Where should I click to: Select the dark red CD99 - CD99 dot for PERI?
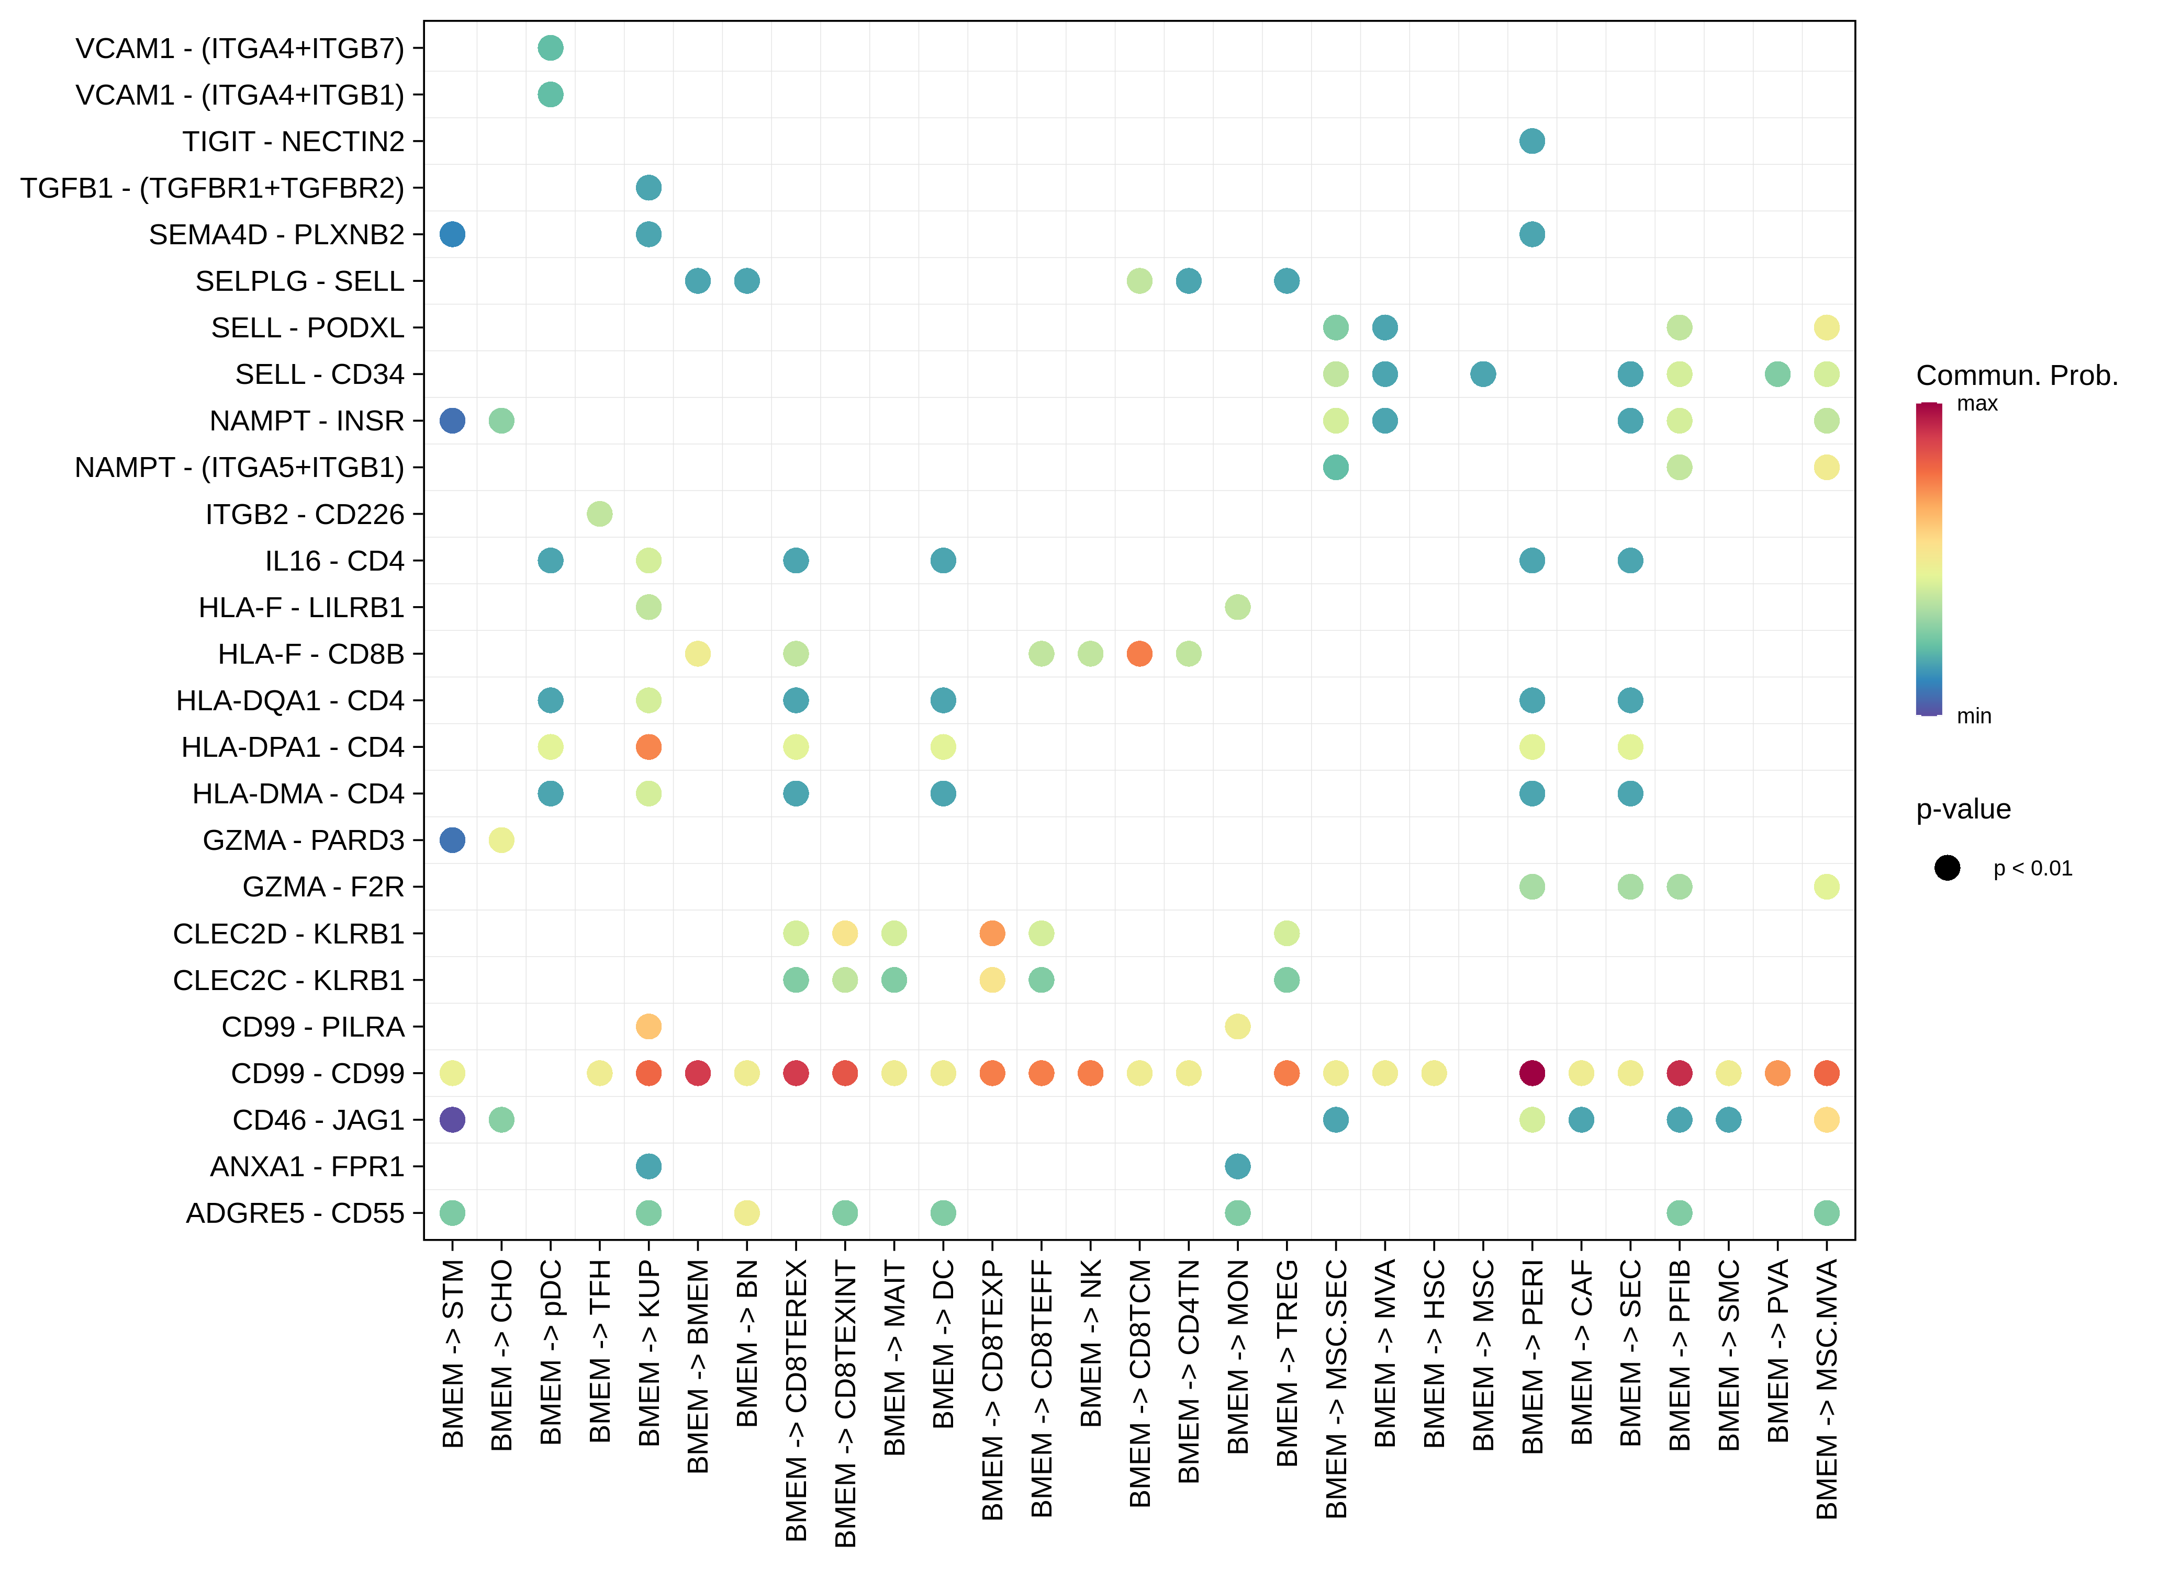coord(1531,1073)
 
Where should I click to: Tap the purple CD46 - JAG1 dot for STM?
coord(452,1120)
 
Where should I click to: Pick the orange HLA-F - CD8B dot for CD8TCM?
coord(1139,654)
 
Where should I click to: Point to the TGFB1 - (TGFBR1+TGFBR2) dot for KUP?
coord(648,187)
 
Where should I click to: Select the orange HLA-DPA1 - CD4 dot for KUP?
coord(648,747)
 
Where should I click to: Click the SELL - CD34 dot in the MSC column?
coord(1482,374)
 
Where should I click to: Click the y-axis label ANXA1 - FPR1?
coord(307,1166)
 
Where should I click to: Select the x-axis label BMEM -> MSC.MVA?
coord(1826,1389)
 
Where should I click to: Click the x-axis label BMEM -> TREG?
coord(1286,1362)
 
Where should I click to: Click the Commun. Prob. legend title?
coord(2016,376)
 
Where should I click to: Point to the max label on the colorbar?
coord(1976,403)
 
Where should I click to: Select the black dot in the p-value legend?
coord(1947,868)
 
